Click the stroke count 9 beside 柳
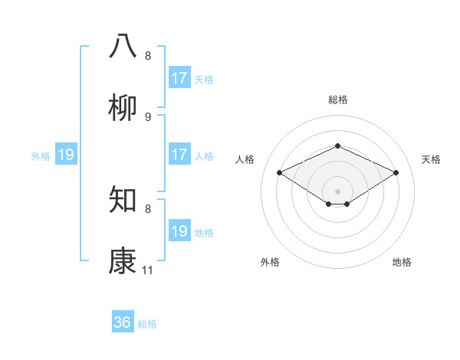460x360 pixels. tap(148, 117)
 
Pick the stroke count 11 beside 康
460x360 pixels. tap(148, 270)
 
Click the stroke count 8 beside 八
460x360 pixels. tap(148, 56)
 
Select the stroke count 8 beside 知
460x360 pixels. tap(148, 208)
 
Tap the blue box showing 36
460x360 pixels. tap(123, 322)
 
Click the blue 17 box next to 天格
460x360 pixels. tap(179, 78)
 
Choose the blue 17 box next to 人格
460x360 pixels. tap(179, 155)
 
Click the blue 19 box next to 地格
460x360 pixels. tap(179, 231)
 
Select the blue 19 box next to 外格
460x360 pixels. tap(66, 155)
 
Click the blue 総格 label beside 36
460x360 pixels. tap(147, 324)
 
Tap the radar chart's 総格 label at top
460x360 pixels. tap(337, 100)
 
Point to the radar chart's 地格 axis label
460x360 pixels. tap(402, 262)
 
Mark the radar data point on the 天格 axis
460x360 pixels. tap(396, 173)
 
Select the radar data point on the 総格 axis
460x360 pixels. tap(337, 146)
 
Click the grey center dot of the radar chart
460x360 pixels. tap(337, 191)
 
